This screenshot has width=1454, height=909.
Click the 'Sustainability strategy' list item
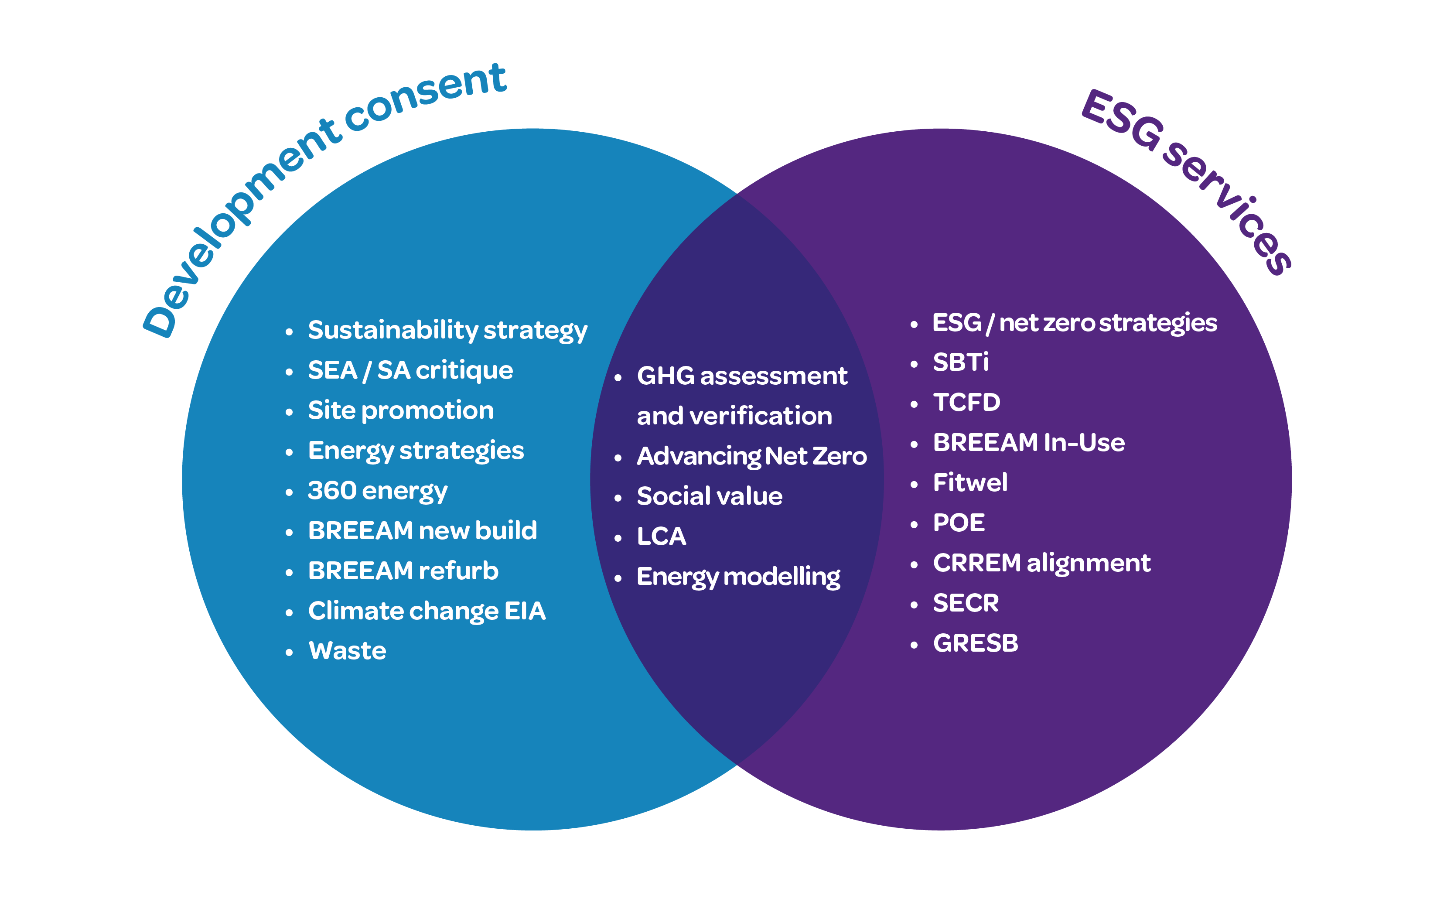pos(447,331)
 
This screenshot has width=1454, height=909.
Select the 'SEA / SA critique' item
pos(410,370)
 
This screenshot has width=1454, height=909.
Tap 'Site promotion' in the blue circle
pos(400,410)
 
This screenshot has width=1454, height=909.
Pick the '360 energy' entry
pos(378,491)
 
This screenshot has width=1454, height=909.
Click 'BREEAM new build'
pos(422,531)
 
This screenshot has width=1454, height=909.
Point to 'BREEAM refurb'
pos(403,571)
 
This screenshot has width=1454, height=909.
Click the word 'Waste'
pos(347,651)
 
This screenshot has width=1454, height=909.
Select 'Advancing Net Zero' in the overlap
pos(751,456)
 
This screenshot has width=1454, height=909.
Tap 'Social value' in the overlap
pos(709,496)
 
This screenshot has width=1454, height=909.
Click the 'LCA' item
pos(661,536)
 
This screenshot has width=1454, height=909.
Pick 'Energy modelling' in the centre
pos(738,577)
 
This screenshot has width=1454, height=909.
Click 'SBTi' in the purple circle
pos(960,362)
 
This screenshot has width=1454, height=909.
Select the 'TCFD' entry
pos(966,403)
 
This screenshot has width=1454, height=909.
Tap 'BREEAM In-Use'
pos(1028,442)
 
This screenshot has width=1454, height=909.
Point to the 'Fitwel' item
pos(969,483)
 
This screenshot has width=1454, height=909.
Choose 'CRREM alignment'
pos(1041,563)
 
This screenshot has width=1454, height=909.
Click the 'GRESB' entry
pos(975,643)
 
